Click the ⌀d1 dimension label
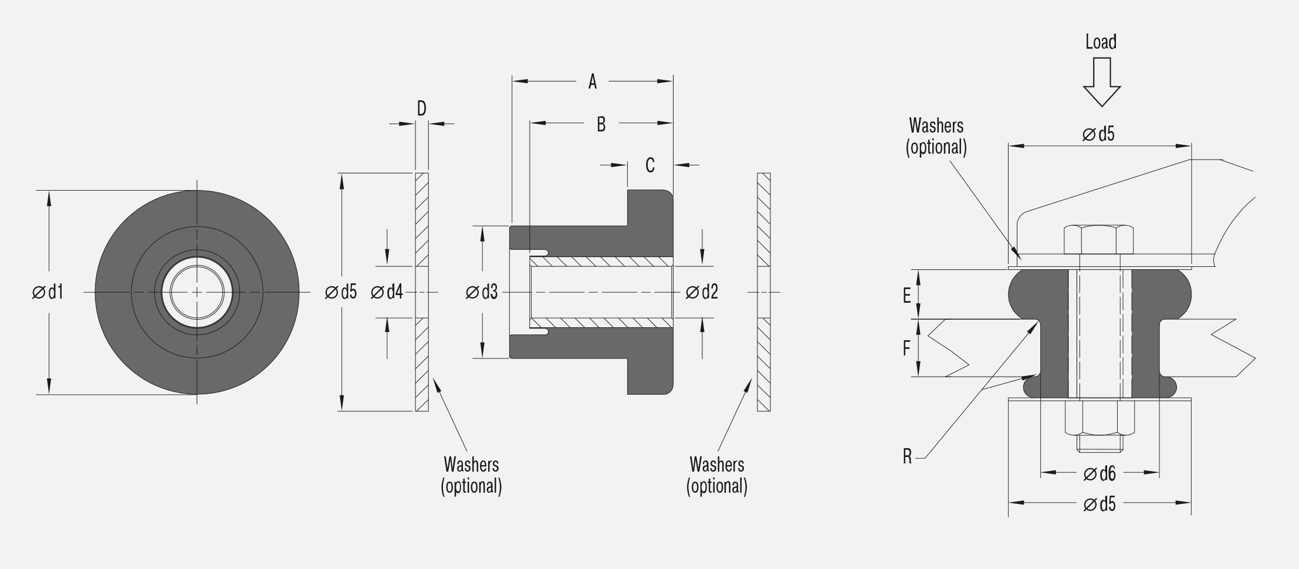coord(48,292)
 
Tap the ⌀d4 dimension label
coord(387,292)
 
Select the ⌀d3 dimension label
coord(482,292)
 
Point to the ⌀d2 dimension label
coord(702,292)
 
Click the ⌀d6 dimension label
coord(1100,473)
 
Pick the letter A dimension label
coord(593,82)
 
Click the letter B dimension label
coord(601,124)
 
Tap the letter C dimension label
coord(650,165)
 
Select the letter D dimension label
coord(421,109)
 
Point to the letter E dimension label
coord(906,296)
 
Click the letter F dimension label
coord(906,348)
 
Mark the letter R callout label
coord(907,456)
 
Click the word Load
coord(1101,42)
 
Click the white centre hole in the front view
coord(197,292)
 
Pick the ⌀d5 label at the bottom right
coord(1100,504)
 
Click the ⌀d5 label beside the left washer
coord(341,292)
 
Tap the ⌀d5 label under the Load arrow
coord(1098,134)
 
